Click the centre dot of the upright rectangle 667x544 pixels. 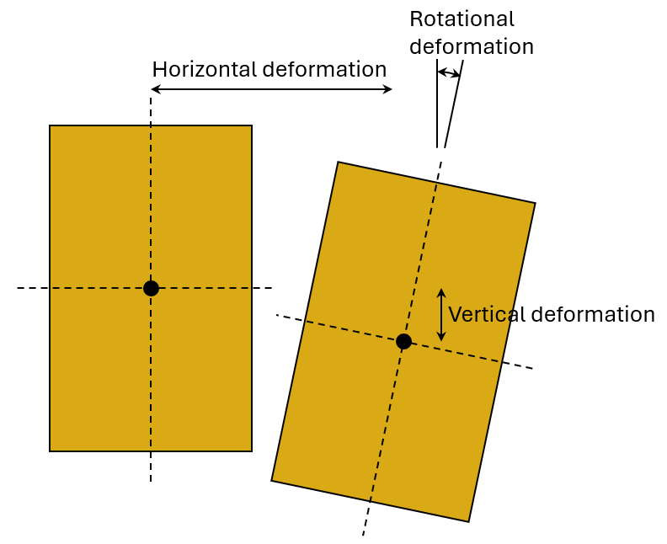[151, 288]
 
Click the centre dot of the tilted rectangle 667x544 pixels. [403, 341]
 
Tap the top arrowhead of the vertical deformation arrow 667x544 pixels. [440, 292]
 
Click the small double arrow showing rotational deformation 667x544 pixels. [449, 73]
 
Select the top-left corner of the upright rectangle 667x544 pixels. [51, 126]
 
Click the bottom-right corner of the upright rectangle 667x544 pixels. [251, 451]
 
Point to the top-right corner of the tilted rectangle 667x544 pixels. [535, 203]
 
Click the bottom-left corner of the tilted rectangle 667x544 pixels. [272, 480]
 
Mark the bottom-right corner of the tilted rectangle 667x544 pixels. [468, 521]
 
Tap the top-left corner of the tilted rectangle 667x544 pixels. [338, 163]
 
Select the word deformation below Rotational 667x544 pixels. [471, 47]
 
